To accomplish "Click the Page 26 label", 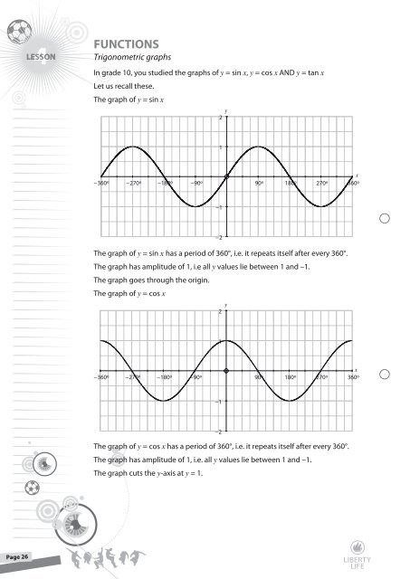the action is tap(17, 555).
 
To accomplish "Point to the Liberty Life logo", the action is tap(383, 550).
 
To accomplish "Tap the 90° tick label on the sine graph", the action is tap(258, 184).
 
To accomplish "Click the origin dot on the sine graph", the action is tap(225, 176).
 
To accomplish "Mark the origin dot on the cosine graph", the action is tap(225, 371).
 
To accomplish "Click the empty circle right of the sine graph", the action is tap(385, 218).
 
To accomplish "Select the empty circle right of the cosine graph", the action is tap(385, 375).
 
